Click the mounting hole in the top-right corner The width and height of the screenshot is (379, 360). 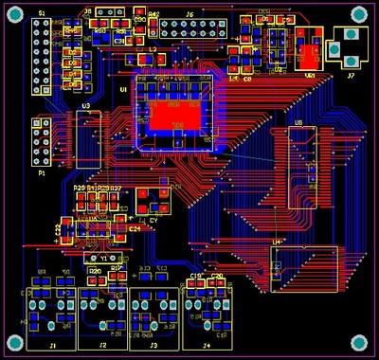coord(359,13)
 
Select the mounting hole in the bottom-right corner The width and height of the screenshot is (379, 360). coord(359,342)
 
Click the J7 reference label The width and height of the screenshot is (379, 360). coord(350,74)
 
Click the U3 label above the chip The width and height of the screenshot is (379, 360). coord(86,106)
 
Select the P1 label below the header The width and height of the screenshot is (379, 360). coord(41,174)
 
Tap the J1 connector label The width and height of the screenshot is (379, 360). coord(53,347)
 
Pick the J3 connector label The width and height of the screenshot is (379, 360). coord(153,347)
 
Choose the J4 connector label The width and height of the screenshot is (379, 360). coord(207,347)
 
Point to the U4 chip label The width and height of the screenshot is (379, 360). coord(277,243)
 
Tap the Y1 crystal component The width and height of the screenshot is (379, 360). coord(104,258)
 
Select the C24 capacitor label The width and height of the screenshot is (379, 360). coord(135,228)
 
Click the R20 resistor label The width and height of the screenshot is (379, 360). coord(95,271)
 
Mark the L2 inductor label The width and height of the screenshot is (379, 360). coord(153,46)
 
